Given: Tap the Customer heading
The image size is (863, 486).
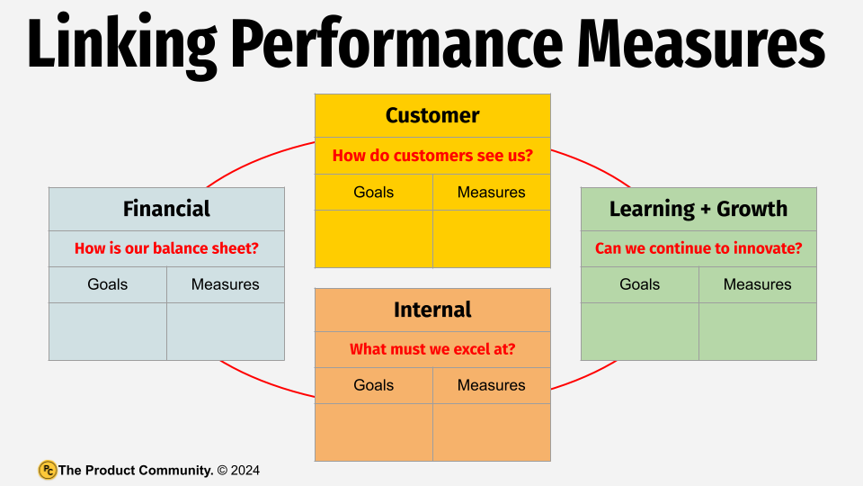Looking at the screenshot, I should (432, 115).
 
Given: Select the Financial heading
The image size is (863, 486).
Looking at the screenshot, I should (166, 209).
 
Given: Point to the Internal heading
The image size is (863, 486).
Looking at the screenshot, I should (432, 310).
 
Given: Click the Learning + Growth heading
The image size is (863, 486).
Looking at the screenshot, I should (698, 209).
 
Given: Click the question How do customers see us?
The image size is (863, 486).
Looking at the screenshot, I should (432, 156).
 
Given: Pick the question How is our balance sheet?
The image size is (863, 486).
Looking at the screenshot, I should (166, 248).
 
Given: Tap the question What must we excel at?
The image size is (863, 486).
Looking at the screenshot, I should (432, 349).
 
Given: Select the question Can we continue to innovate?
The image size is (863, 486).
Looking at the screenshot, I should (698, 248).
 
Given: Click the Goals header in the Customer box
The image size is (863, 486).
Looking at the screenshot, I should (374, 192).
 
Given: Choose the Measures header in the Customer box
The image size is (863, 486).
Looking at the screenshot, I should (491, 192).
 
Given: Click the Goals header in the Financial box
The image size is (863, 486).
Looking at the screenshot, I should (108, 284).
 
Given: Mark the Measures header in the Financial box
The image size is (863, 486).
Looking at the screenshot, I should (225, 284).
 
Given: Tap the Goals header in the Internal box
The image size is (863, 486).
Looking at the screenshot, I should (374, 385).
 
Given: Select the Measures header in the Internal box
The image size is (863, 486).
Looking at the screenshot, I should (491, 385).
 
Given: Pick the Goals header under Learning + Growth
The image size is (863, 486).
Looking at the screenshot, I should (640, 284).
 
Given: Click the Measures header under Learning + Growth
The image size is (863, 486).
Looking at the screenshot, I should (757, 284).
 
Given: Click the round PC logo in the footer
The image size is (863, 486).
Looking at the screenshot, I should (48, 470).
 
